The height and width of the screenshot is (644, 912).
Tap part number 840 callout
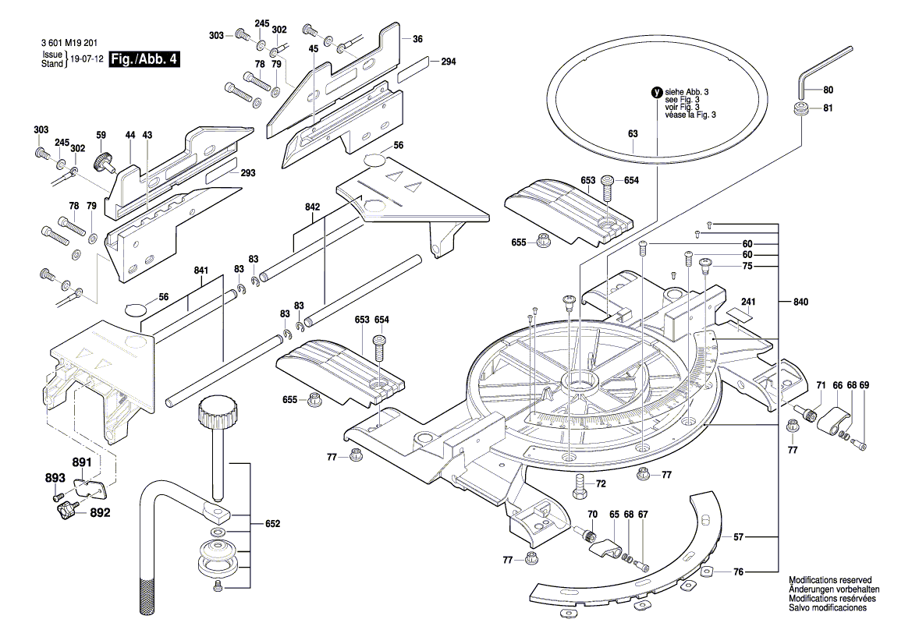801,302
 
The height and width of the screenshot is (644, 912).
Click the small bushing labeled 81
800,108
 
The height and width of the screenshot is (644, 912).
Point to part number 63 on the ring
633,134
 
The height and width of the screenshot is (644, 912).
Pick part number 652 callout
271,524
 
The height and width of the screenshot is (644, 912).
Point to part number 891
82,462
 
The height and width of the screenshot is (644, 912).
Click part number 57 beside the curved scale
739,537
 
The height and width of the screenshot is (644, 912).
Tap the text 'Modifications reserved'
829,581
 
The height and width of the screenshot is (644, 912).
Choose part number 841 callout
201,271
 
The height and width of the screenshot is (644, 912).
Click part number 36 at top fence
417,39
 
